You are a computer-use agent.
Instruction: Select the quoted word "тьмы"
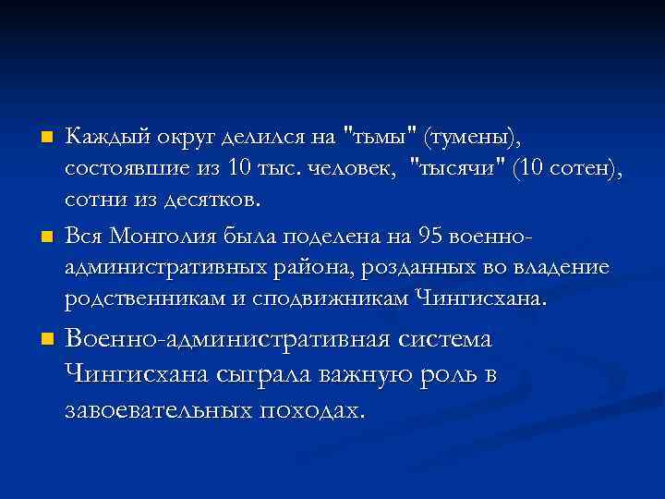tap(379, 139)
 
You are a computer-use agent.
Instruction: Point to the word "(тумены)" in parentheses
tap(472, 139)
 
